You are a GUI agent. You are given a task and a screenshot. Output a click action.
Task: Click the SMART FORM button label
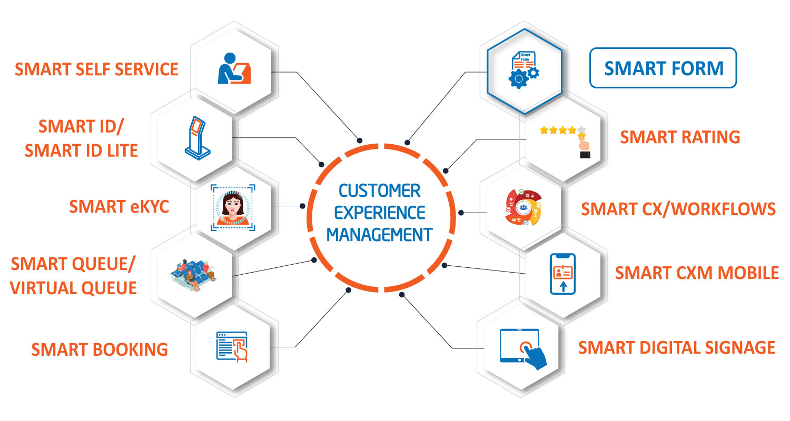tap(664, 68)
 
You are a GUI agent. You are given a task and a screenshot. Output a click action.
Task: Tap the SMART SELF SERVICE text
tap(96, 69)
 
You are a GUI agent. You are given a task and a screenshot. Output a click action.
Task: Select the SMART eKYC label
tap(119, 207)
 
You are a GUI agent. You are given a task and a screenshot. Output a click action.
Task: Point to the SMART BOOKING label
tap(100, 349)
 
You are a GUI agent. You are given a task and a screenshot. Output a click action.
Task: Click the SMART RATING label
tap(680, 137)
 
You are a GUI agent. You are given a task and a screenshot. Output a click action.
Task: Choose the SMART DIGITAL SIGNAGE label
tap(677, 348)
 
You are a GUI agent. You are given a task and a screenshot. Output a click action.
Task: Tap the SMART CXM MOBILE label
tap(697, 273)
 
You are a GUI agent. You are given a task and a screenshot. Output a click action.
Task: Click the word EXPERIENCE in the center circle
tap(380, 213)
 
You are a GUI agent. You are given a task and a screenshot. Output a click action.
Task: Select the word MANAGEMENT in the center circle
tap(380, 235)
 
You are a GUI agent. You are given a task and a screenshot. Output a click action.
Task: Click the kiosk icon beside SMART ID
tap(197, 138)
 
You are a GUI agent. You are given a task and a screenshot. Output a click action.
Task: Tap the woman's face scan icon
tap(233, 207)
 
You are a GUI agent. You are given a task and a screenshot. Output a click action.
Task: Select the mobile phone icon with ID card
tap(563, 274)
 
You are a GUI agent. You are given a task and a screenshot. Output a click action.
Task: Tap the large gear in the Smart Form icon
tap(518, 78)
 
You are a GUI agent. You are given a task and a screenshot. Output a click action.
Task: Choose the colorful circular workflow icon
tap(524, 207)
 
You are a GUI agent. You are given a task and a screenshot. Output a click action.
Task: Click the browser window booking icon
tap(232, 347)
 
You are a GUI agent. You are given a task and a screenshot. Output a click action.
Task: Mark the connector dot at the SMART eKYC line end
tap(303, 206)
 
